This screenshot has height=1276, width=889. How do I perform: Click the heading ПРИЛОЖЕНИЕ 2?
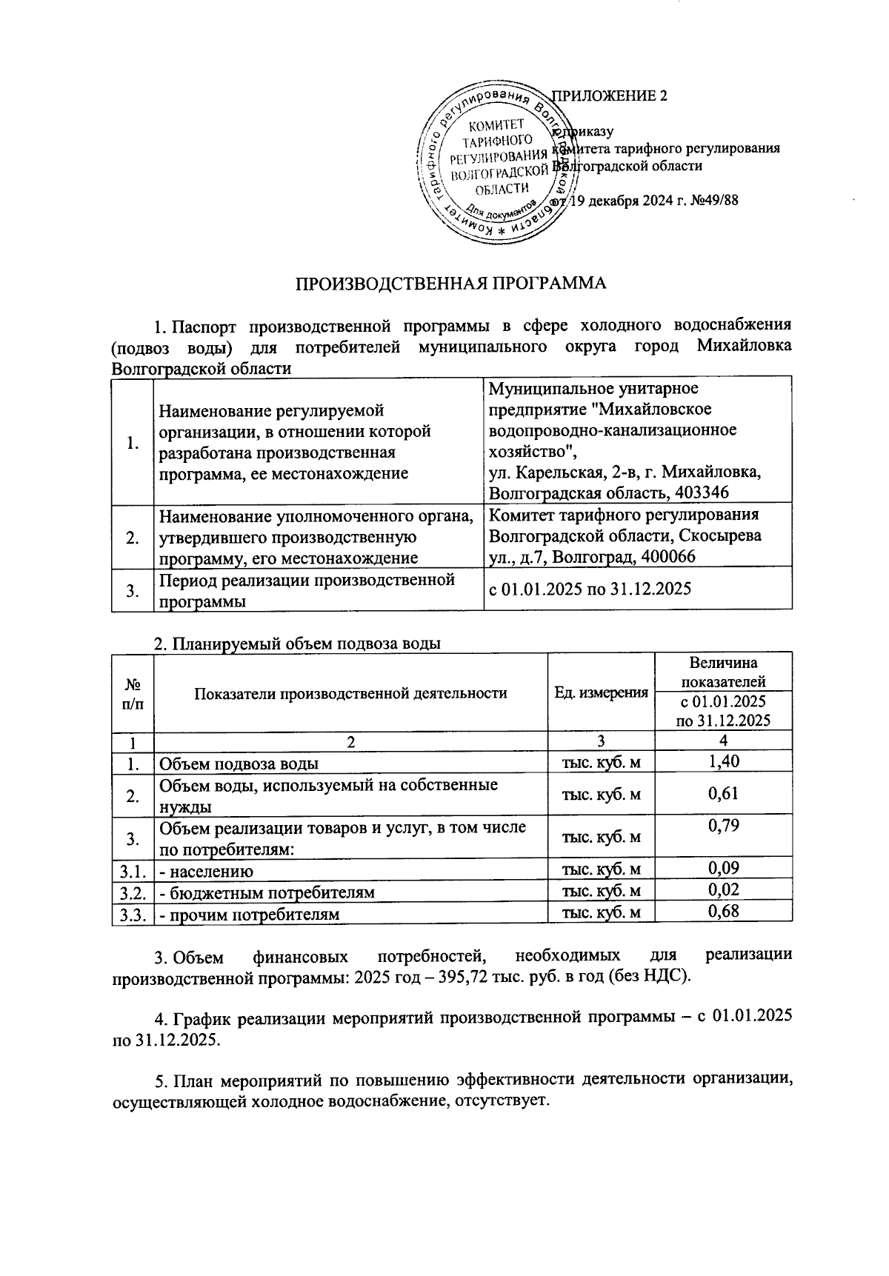tap(610, 96)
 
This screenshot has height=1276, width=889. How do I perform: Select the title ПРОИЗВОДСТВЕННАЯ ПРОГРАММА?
tap(451, 284)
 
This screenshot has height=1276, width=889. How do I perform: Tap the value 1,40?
tap(723, 761)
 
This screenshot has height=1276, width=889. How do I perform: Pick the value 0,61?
tap(723, 795)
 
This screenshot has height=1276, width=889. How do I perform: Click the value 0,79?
tap(723, 826)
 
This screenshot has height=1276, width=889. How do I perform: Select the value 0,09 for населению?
tap(723, 868)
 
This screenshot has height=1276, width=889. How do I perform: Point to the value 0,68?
tap(723, 912)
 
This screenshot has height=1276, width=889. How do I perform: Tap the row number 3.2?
tap(132, 892)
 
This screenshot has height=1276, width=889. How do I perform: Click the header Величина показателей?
tap(723, 672)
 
